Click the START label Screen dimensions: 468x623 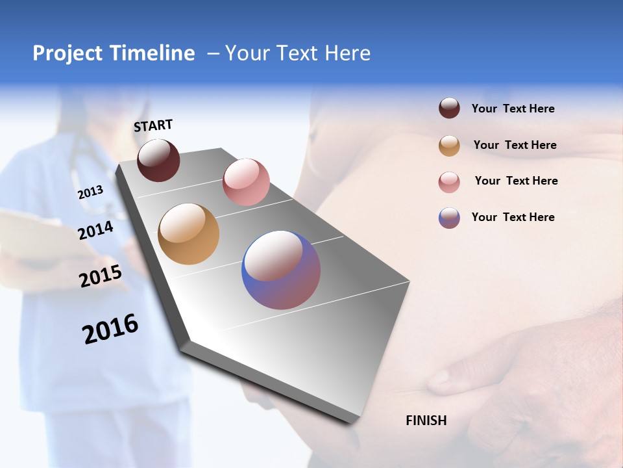(x=153, y=125)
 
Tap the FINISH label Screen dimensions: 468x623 (x=426, y=421)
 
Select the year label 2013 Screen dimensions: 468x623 (x=90, y=192)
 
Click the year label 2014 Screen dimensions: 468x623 (x=95, y=230)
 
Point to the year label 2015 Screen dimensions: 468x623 (x=101, y=276)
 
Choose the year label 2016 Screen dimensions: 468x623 (x=110, y=329)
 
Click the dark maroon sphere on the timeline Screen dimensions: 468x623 (x=158, y=161)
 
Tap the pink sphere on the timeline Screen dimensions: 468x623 (x=246, y=181)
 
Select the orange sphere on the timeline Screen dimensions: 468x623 (x=188, y=234)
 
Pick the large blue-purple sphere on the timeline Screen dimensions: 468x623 (x=281, y=270)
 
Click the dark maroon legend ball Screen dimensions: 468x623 (x=449, y=109)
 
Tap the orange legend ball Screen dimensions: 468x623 (x=449, y=146)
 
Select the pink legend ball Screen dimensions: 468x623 (x=449, y=182)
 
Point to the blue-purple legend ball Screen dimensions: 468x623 (x=449, y=218)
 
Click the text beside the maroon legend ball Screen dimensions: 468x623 (x=513, y=109)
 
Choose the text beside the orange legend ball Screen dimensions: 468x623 (x=515, y=145)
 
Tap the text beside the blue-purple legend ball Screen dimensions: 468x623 (x=513, y=217)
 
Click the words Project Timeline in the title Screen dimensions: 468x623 (x=114, y=53)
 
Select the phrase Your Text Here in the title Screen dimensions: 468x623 (x=297, y=53)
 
